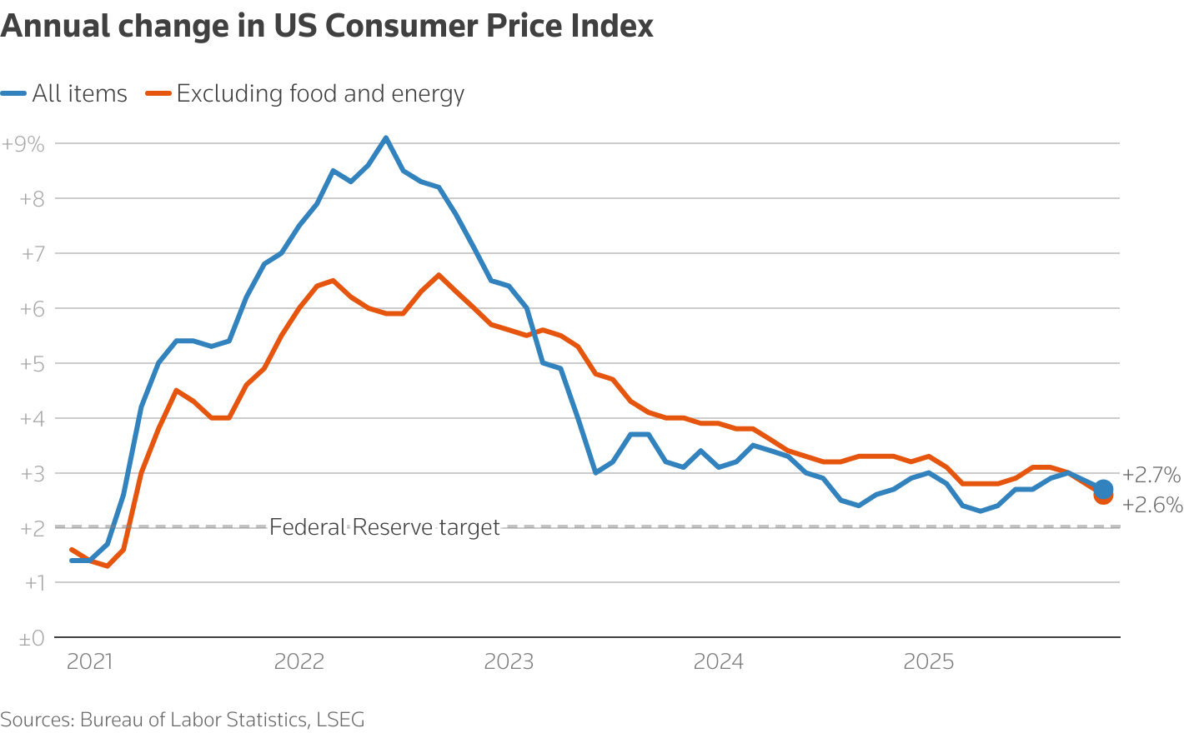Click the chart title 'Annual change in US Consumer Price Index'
327,27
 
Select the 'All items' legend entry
65,93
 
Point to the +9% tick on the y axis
23,144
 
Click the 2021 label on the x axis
89,662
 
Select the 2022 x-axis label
299,662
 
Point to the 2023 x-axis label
509,662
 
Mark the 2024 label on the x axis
719,662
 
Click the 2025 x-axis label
929,662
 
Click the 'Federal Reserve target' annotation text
384,527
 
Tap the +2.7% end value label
1151,476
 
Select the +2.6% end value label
1152,505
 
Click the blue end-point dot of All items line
1103,489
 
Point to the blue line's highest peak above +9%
385,137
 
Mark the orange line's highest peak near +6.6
439,275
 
